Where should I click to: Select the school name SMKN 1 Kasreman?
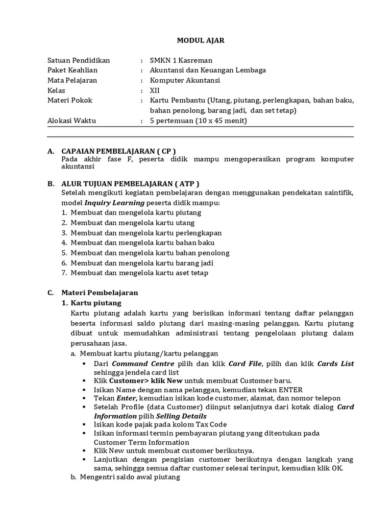[x=181, y=60]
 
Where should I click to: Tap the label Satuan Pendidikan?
[x=78, y=60]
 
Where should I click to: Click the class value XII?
[x=155, y=90]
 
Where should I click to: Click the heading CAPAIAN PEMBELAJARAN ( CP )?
[x=118, y=151]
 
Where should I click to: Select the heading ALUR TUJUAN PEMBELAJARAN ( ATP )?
[x=130, y=183]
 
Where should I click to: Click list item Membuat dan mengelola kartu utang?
[x=132, y=223]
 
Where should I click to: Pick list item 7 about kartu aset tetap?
[x=139, y=273]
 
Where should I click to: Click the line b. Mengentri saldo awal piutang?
[x=130, y=478]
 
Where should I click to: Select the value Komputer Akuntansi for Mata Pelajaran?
[x=185, y=80]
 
